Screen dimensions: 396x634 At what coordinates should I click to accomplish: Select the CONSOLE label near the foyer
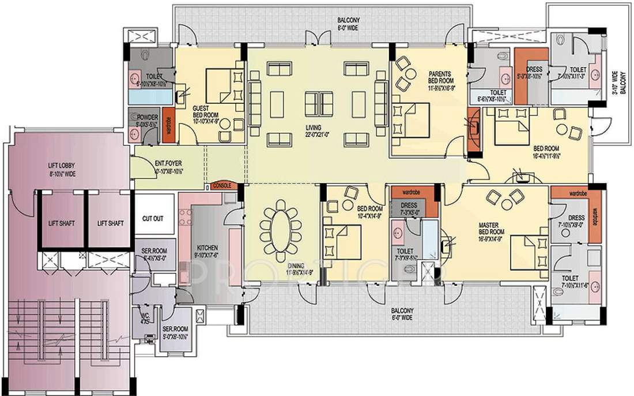[x=222, y=186]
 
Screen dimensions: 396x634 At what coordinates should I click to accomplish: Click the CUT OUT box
[x=153, y=219]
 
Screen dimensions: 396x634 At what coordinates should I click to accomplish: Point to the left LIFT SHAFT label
[x=61, y=223]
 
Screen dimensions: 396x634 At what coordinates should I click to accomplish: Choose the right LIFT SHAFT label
[x=110, y=223]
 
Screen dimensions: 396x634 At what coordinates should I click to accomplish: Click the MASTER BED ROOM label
[x=492, y=227]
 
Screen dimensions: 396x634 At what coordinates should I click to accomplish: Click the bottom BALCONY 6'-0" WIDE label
[x=400, y=313]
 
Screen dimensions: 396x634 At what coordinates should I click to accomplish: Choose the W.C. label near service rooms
[x=145, y=319]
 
